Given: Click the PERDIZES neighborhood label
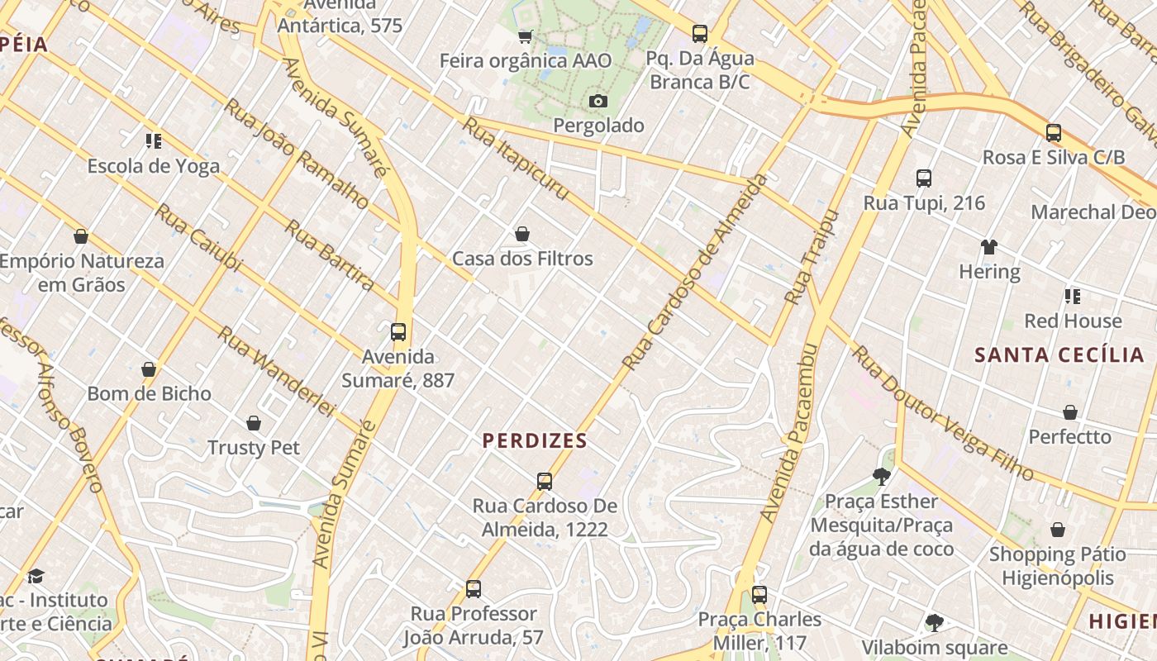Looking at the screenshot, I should [x=535, y=440].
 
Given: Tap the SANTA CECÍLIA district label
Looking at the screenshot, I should [x=1059, y=355].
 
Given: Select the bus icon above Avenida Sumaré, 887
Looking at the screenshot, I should [x=398, y=332].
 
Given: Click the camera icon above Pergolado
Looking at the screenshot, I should [x=598, y=101].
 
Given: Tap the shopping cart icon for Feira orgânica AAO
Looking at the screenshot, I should [x=525, y=36].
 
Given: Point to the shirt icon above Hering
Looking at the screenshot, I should [x=988, y=246].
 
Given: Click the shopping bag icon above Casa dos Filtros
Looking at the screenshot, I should [x=522, y=234].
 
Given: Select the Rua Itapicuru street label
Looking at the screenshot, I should [x=515, y=158].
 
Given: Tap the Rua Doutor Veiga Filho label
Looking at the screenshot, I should [x=942, y=413].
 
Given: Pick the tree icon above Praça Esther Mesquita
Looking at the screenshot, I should [x=881, y=476].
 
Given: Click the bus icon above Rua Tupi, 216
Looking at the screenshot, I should [x=924, y=178].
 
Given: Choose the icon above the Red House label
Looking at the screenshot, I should [x=1073, y=296].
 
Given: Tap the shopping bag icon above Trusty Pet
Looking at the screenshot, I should [x=254, y=423].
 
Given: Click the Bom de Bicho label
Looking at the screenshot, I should [x=150, y=393].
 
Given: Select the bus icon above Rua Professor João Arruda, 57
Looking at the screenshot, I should [x=474, y=588].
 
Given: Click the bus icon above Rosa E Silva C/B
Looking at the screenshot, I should [x=1053, y=132].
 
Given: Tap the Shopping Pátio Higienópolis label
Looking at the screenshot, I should [x=1057, y=566].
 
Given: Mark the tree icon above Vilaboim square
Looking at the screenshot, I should [x=935, y=622].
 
